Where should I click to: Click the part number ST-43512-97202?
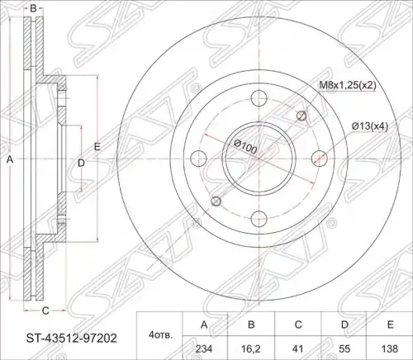(x=71, y=338)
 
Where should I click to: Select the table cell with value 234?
(x=204, y=348)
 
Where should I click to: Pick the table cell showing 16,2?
(x=251, y=348)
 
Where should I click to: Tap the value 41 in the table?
(x=298, y=348)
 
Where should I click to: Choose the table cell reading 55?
(x=344, y=348)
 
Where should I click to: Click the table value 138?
(x=391, y=348)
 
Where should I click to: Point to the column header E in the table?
(x=391, y=324)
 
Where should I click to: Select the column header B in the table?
(x=251, y=324)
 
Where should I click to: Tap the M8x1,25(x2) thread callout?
(x=348, y=85)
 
